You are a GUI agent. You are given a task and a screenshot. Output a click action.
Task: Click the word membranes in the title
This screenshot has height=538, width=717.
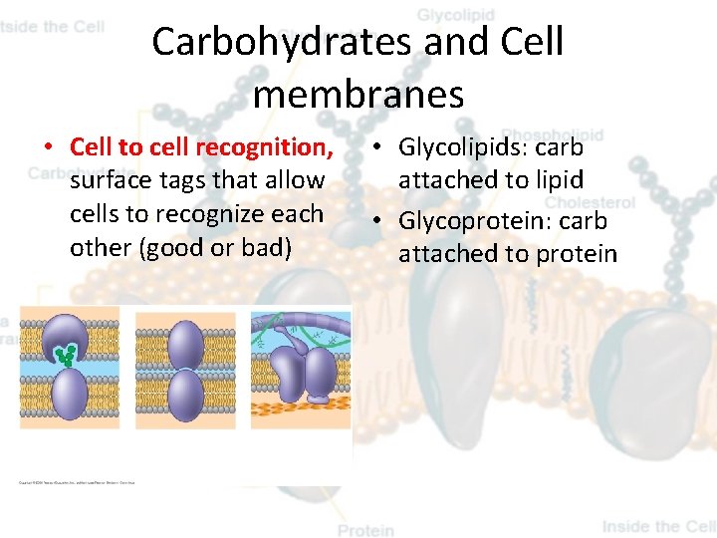(x=358, y=95)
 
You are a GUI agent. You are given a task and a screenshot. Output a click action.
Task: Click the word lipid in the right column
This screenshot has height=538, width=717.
(x=561, y=180)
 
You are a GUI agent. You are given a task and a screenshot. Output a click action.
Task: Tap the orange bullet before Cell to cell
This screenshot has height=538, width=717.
(x=47, y=147)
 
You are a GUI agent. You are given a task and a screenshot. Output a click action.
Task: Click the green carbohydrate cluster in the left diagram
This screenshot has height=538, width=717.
(x=67, y=354)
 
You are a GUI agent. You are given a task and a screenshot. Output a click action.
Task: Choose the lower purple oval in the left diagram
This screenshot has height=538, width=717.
(x=69, y=395)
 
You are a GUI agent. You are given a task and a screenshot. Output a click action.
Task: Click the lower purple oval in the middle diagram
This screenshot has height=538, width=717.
(x=185, y=395)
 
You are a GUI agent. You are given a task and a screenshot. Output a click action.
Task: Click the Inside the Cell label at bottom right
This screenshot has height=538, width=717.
(x=657, y=526)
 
